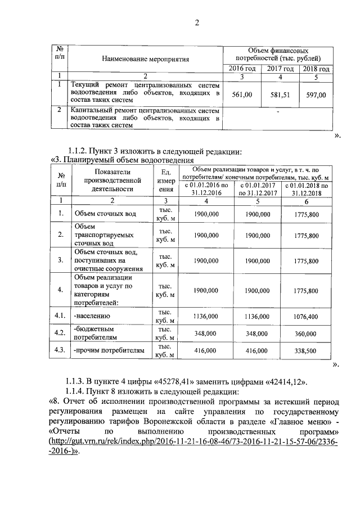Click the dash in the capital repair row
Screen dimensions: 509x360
pos(278,111)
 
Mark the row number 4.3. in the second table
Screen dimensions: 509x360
pos(57,350)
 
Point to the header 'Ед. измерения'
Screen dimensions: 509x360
pos(165,181)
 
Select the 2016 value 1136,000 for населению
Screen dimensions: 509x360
pos(205,317)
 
